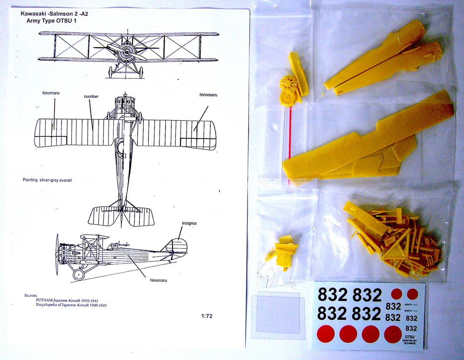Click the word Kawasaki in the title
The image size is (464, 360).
[33, 13]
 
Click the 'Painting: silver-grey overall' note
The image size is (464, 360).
[48, 180]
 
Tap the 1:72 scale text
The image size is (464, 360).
[207, 316]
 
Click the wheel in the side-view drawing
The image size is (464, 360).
[78, 274]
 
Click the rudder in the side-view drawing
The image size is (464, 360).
[179, 247]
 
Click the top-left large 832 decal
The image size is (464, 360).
[332, 295]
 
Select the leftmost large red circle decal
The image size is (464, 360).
[326, 334]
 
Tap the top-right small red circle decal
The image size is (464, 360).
[413, 294]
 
